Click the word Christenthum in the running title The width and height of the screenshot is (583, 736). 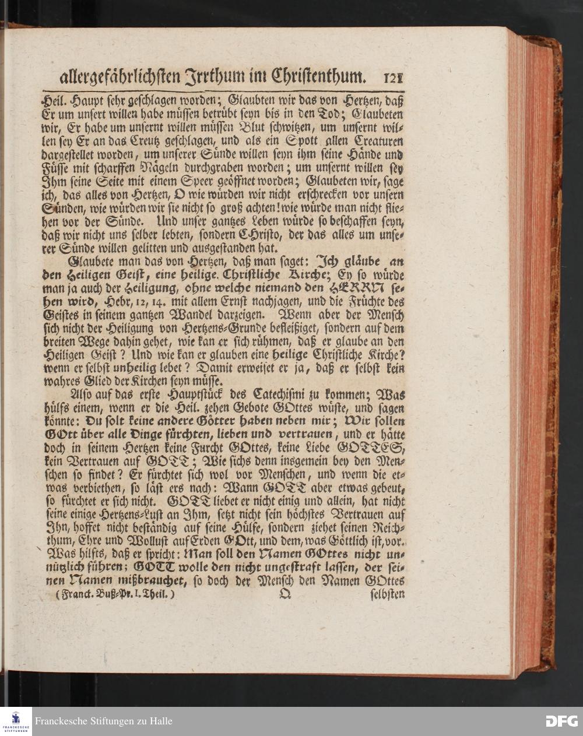(x=315, y=76)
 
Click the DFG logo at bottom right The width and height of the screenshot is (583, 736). (x=561, y=721)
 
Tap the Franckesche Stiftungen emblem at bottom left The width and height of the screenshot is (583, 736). (x=16, y=721)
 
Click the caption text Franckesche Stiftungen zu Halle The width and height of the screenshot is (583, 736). (x=104, y=721)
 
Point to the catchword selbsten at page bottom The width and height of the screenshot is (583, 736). (x=387, y=596)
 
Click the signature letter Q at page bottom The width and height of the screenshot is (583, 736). (x=285, y=595)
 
